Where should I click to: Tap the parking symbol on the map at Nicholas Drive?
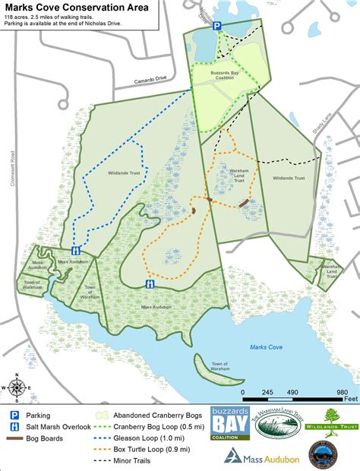216,26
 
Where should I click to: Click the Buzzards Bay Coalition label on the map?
223,75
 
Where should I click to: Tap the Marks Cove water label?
266,347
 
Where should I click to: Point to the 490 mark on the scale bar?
292,392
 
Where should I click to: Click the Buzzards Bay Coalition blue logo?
230,423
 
